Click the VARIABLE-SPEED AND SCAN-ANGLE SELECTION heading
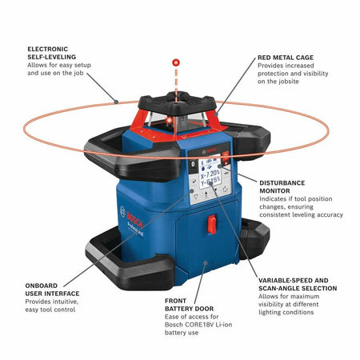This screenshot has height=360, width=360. [x=297, y=284]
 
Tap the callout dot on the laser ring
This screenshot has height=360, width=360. [x=117, y=102]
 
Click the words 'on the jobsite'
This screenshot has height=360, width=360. [x=281, y=82]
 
